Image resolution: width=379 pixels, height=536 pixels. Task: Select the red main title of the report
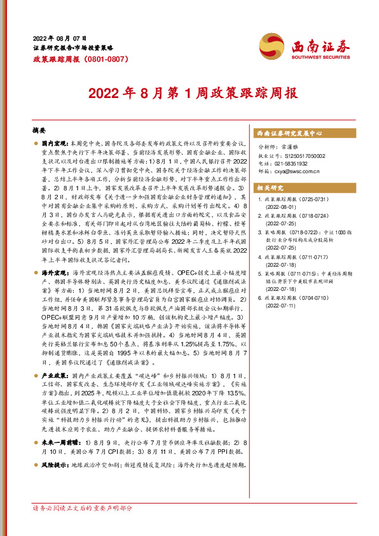190,93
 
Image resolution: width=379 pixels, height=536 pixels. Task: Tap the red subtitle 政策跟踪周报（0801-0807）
72,59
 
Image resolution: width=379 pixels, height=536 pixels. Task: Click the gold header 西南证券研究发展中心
289,134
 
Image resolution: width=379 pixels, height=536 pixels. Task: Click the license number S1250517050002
300,155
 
